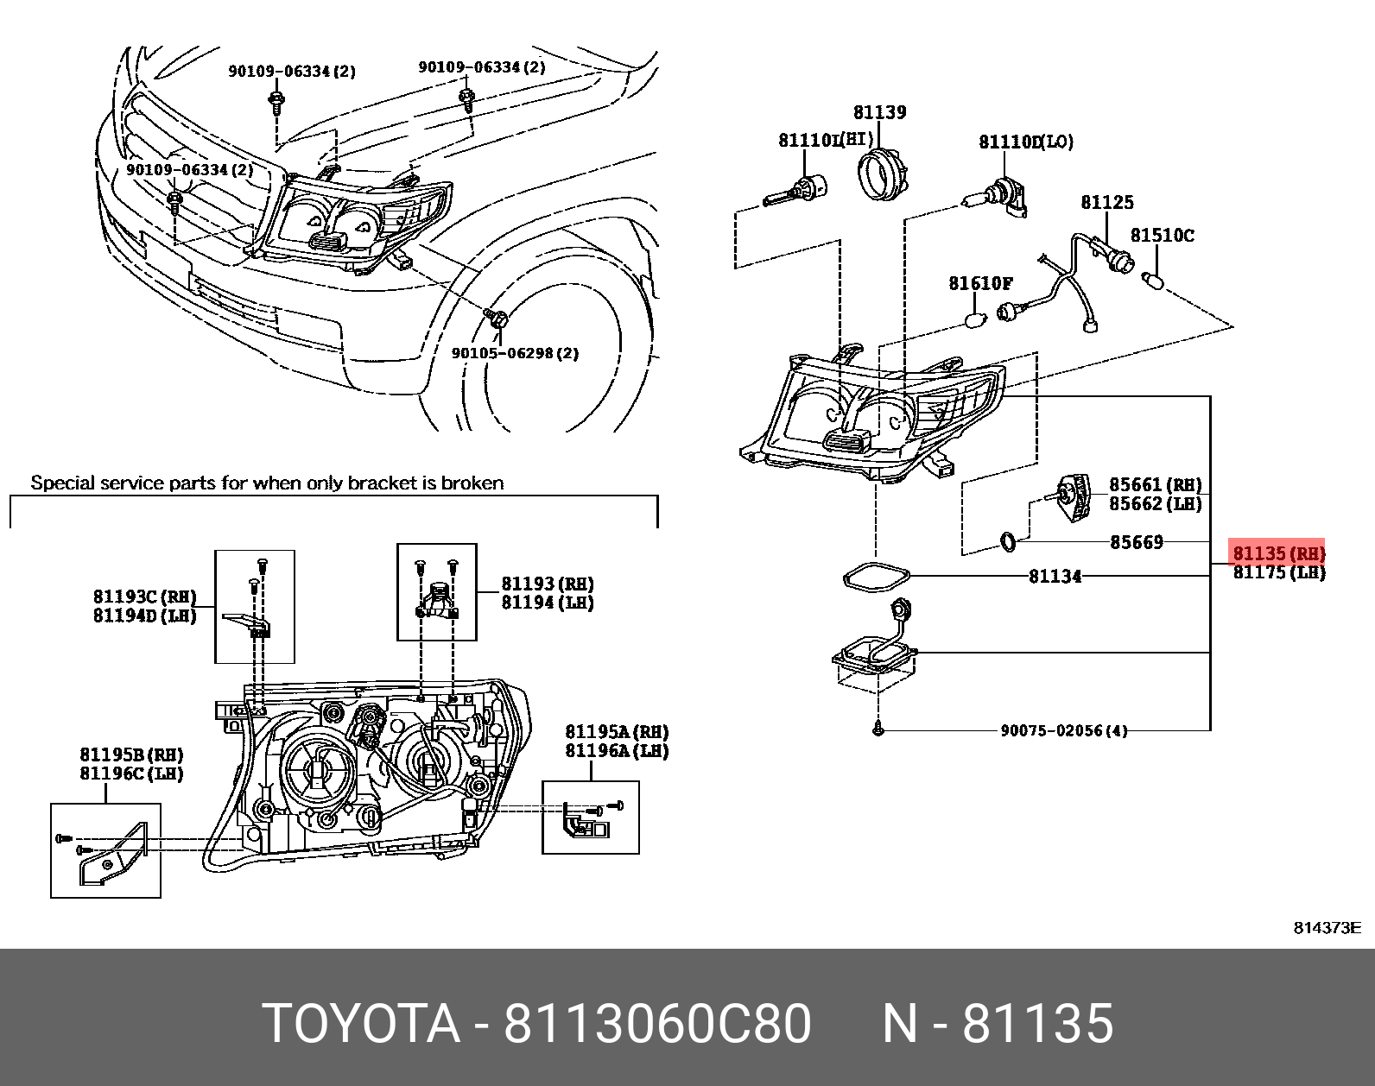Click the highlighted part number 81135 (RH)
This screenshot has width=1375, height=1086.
[x=1277, y=552]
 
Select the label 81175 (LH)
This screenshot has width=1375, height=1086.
[x=1278, y=572]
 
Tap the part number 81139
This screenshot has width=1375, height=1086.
[x=879, y=112]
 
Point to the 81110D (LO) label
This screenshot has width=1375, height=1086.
[x=1025, y=142]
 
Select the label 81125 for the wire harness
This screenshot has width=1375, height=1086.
[x=1106, y=202]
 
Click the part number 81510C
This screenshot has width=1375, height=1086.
[x=1162, y=235]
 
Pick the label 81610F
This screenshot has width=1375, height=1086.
[x=980, y=283]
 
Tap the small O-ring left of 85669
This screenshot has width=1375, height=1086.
[x=1008, y=542]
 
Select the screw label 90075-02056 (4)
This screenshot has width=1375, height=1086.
[x=1063, y=730]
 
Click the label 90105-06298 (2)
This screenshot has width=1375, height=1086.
[x=515, y=353]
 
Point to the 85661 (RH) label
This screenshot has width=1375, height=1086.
[x=1155, y=485]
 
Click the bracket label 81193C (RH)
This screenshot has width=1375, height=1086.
[x=144, y=597]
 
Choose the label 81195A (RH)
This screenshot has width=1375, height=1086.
[x=617, y=732]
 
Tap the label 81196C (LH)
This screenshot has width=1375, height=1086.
[x=131, y=773]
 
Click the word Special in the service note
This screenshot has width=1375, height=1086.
[x=61, y=483]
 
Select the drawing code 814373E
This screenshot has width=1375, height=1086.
[x=1326, y=928]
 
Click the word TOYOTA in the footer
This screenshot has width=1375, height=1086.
[x=361, y=1024]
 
